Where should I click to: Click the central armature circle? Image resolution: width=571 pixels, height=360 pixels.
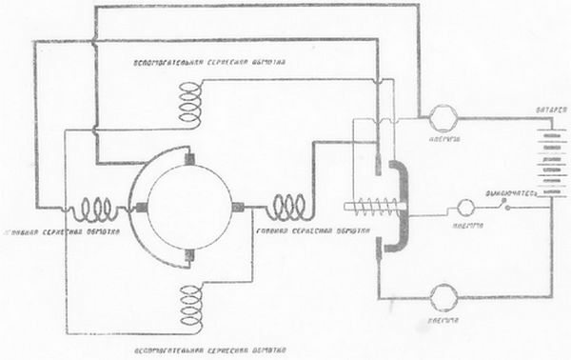click(191, 205)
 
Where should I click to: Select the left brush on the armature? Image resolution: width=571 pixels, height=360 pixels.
click(143, 207)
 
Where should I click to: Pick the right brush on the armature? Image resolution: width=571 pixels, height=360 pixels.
click(239, 207)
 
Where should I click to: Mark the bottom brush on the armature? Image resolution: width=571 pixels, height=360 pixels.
click(191, 253)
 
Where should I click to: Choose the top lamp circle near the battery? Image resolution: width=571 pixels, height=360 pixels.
click(441, 119)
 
